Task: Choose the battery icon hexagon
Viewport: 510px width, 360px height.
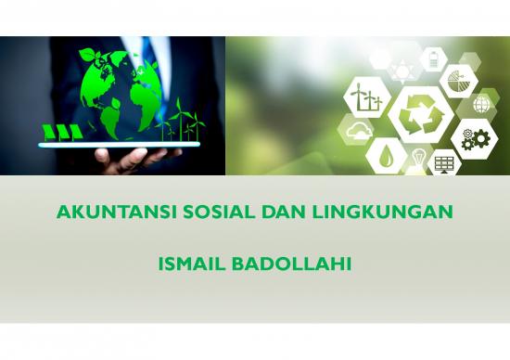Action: coord(433,59)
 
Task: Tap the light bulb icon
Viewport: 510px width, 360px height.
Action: coord(419,159)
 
